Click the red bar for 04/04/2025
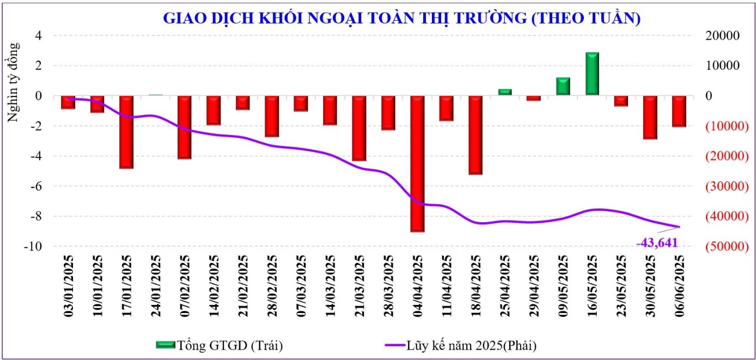(x=417, y=163)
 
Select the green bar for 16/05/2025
(x=592, y=74)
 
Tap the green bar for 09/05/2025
(x=563, y=87)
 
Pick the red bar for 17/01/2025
(x=126, y=132)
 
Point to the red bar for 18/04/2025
(x=475, y=135)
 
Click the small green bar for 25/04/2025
(x=505, y=92)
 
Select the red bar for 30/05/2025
(x=650, y=117)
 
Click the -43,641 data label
(x=657, y=243)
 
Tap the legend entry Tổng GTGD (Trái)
(x=220, y=345)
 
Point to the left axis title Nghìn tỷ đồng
(x=14, y=82)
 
